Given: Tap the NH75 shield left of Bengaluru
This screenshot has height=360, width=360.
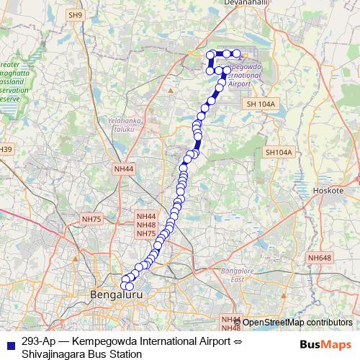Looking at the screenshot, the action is click(x=92, y=219).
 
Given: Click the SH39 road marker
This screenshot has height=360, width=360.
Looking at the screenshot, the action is click(x=5, y=149).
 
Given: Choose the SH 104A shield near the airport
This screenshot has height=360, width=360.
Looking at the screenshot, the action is click(x=261, y=104).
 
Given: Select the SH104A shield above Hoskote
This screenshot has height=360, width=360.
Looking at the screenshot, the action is click(x=279, y=153).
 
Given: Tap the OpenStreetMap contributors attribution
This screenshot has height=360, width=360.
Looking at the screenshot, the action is click(x=297, y=322).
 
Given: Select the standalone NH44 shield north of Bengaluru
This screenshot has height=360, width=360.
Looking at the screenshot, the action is click(x=124, y=168).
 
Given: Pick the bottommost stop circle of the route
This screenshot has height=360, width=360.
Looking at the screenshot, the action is click(x=130, y=287).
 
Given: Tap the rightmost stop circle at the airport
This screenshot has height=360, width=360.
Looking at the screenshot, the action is click(x=236, y=54).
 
